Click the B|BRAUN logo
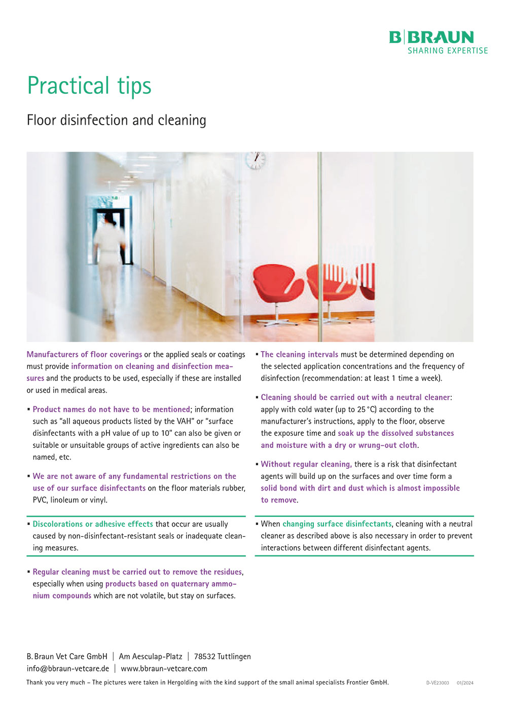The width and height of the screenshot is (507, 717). (x=431, y=37)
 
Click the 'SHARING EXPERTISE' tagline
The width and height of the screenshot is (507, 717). (x=448, y=51)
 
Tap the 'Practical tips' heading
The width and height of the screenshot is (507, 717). (x=89, y=85)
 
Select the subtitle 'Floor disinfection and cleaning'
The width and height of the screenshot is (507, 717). (x=117, y=120)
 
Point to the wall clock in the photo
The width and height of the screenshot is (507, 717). (x=256, y=160)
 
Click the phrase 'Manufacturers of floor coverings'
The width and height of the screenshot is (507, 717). (x=84, y=355)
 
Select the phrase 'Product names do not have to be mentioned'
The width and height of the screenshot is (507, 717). (x=111, y=409)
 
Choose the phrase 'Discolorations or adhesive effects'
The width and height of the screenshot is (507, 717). (x=93, y=524)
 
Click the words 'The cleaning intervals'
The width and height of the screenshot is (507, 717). (x=299, y=355)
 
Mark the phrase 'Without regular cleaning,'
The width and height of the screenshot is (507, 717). (x=306, y=464)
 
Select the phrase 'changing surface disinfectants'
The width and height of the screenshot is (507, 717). (x=337, y=524)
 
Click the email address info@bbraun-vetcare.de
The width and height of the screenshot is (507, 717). (x=68, y=668)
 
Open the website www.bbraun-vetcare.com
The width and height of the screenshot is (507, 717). (x=164, y=668)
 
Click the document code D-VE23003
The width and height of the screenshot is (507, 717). (x=438, y=683)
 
